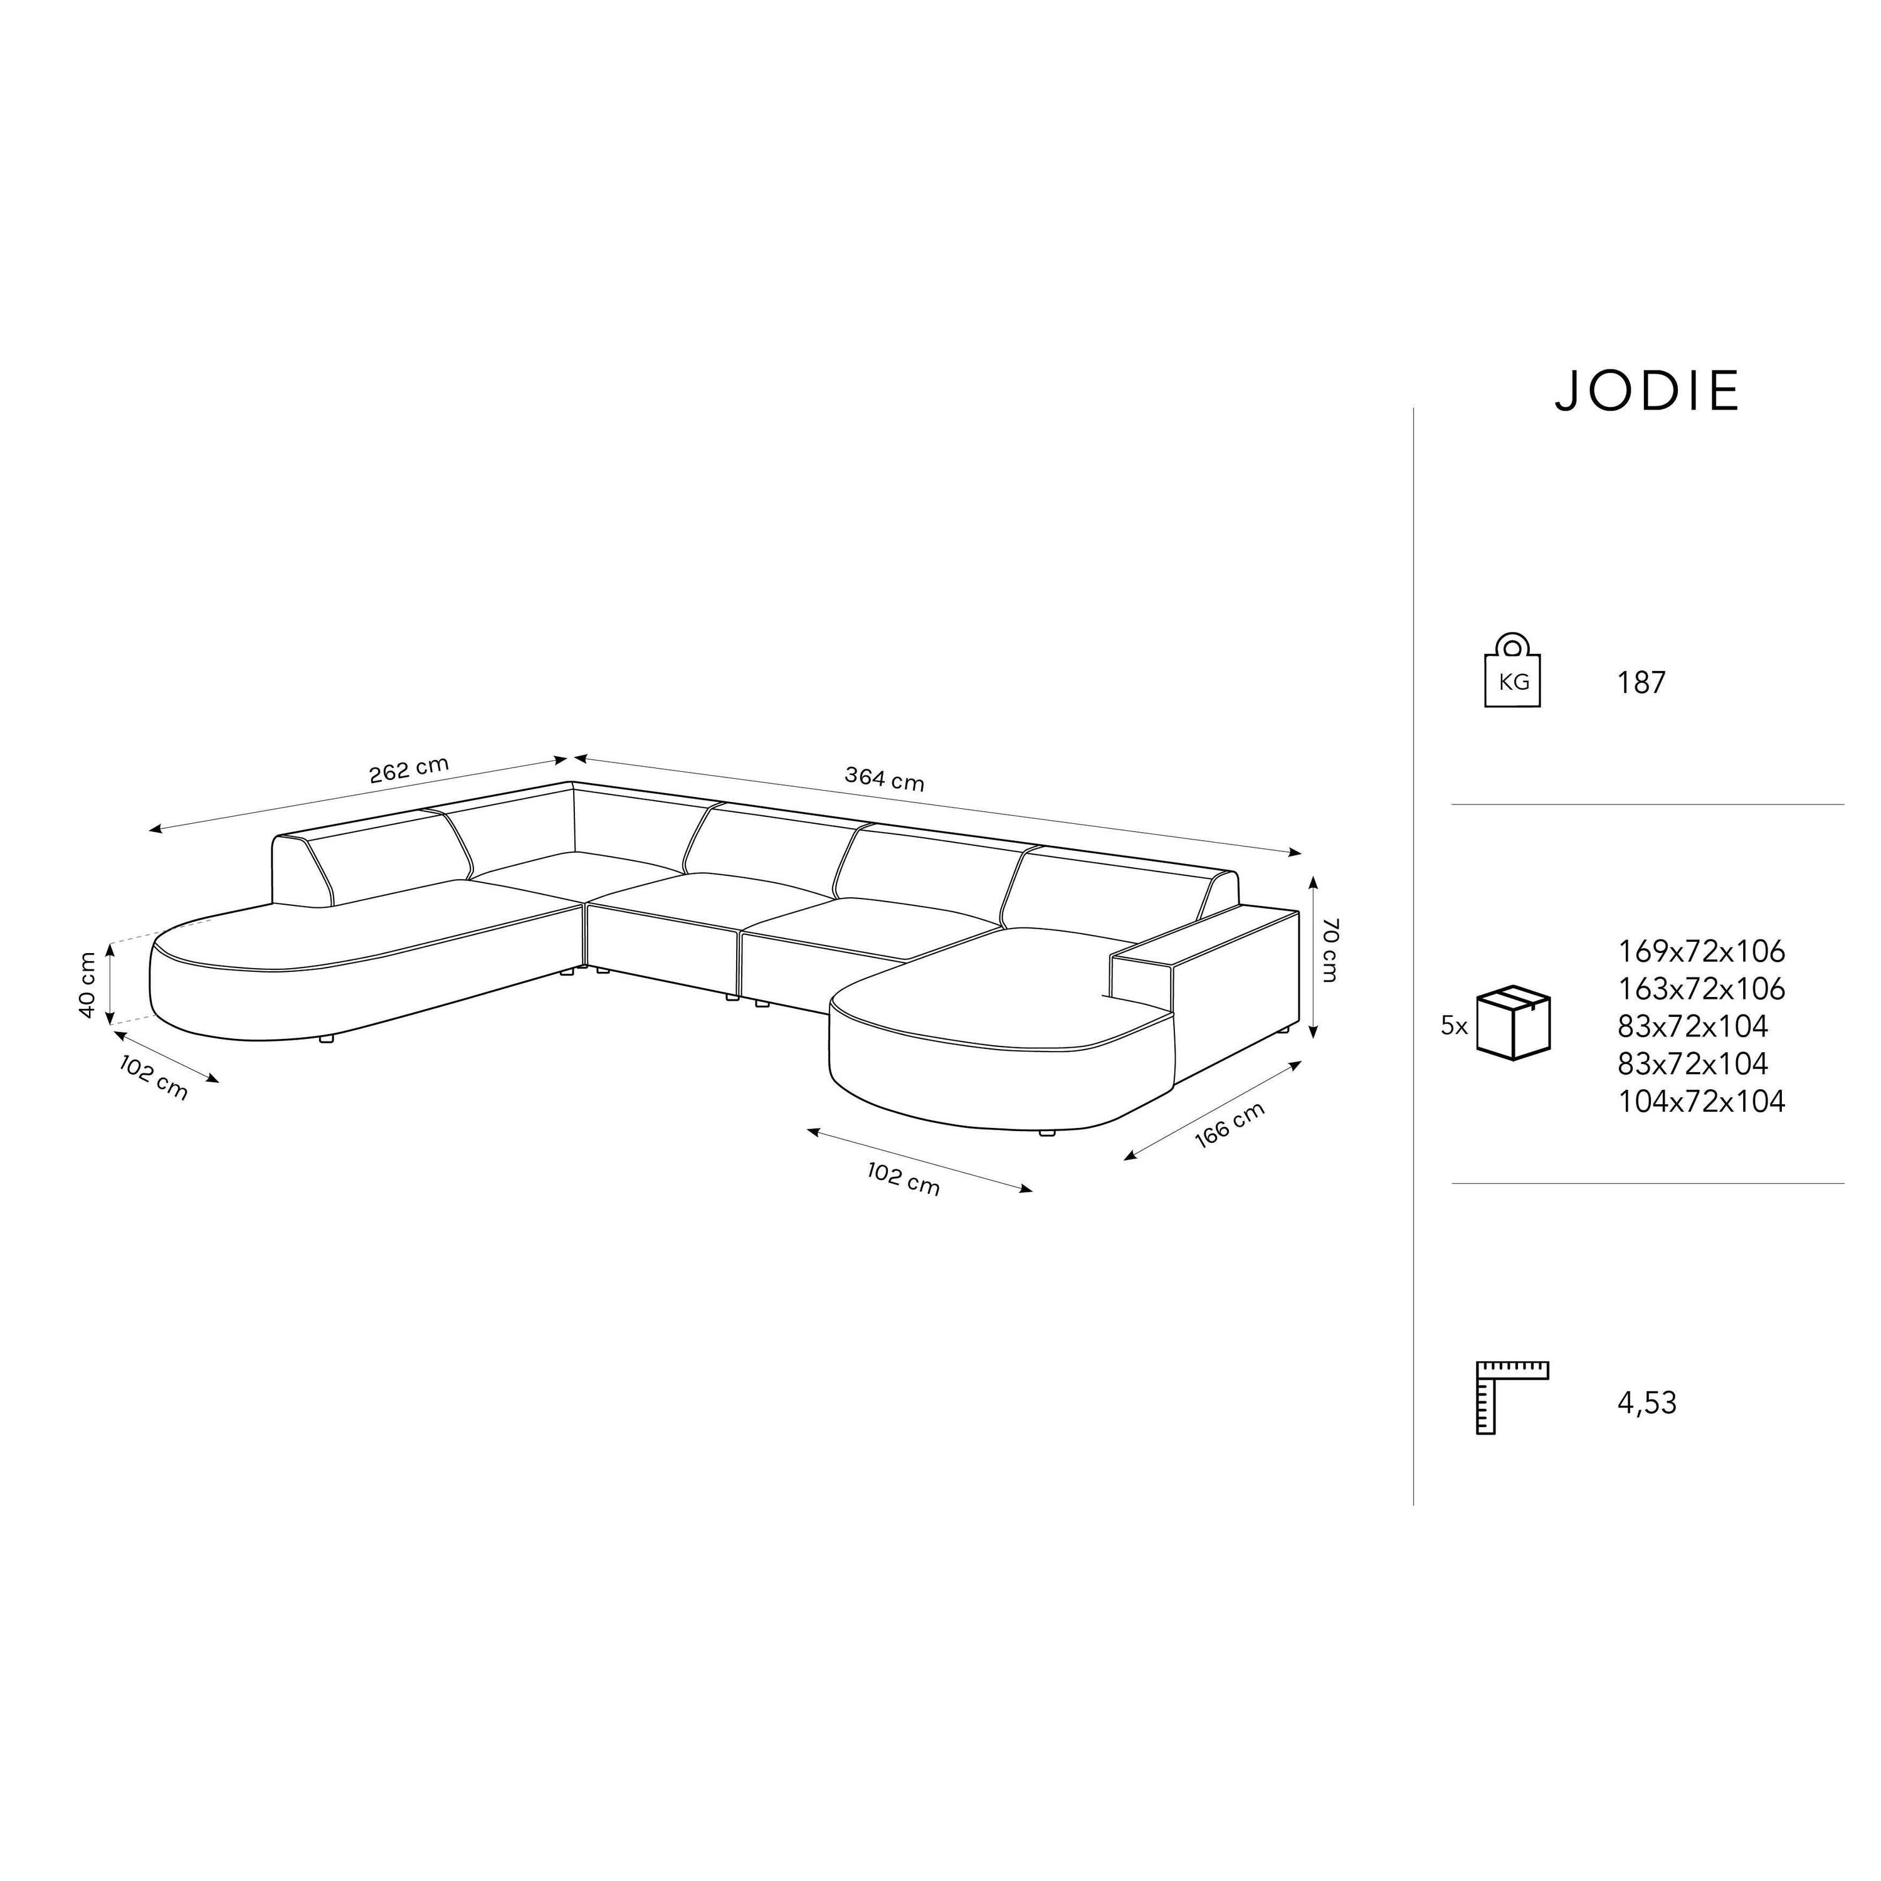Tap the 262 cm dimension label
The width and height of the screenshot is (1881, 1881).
pyautogui.click(x=409, y=769)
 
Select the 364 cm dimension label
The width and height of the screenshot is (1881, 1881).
pyautogui.click(x=884, y=779)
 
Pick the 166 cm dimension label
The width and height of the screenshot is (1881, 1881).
pyautogui.click(x=1229, y=1125)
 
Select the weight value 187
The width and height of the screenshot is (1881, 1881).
pyautogui.click(x=1641, y=683)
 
